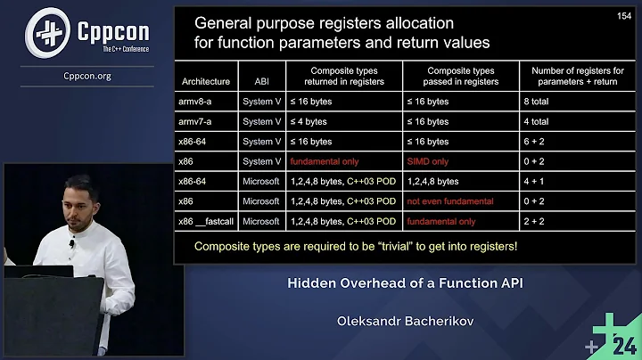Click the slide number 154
click(623, 16)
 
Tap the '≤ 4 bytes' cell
click(309, 121)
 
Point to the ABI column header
click(261, 81)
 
